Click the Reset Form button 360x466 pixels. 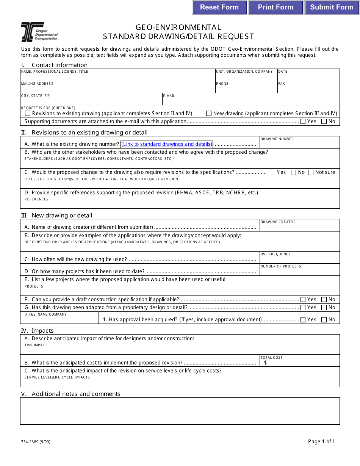pos(219,7)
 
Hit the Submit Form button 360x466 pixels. pos(332,7)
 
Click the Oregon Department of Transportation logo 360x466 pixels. pos(39,32)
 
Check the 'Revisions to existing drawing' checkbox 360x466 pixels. pos(28,113)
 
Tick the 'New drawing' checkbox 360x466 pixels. pos(209,113)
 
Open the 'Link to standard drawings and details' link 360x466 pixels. pos(167,144)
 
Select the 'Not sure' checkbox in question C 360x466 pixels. pos(311,172)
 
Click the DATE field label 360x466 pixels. pos(283,72)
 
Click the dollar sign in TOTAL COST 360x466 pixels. pos(265,363)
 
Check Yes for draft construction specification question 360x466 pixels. pos(303,299)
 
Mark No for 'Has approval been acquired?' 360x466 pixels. pos(324,320)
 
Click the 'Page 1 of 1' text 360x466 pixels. pos(321,441)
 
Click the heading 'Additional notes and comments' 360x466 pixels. pos(76,394)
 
